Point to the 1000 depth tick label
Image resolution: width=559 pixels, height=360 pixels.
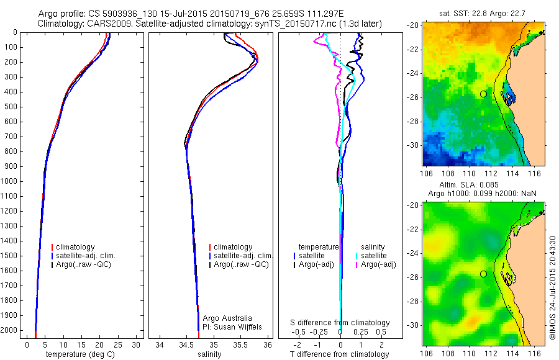pyautogui.click(x=11, y=182)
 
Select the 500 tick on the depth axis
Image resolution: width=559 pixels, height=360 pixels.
pyautogui.click(x=13, y=107)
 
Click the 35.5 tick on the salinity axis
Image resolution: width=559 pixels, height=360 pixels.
pyautogui.click(x=240, y=344)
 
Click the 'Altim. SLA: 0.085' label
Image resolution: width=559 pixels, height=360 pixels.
pyautogui.click(x=483, y=186)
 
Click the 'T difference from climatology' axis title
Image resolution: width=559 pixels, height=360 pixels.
pyautogui.click(x=340, y=354)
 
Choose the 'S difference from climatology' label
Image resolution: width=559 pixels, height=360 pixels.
pyautogui.click(x=340, y=323)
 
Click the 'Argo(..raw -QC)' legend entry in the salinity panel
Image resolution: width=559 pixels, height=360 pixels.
pyautogui.click(x=241, y=264)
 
